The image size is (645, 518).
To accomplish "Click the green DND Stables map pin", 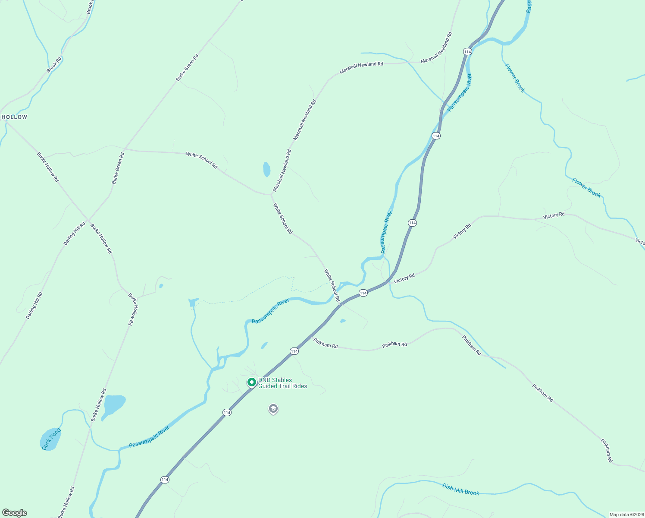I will pyautogui.click(x=251, y=382).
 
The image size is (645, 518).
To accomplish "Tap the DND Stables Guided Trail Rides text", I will pyautogui.click(x=282, y=383).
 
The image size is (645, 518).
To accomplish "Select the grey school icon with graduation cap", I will pyautogui.click(x=273, y=408).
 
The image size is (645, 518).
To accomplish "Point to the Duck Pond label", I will pyautogui.click(x=51, y=439).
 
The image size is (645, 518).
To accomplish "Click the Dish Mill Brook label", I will pyautogui.click(x=460, y=490).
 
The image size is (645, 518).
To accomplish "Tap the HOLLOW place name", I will pyautogui.click(x=14, y=117).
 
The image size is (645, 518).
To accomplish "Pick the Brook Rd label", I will pyautogui.click(x=54, y=65).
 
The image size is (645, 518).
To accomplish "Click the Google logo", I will pyautogui.click(x=15, y=513).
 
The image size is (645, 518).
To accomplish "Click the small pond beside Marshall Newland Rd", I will pyautogui.click(x=267, y=169).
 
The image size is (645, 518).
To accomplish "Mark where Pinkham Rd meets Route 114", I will pyautogui.click(x=311, y=337).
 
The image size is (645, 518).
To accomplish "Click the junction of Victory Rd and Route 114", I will pyautogui.click(x=387, y=282).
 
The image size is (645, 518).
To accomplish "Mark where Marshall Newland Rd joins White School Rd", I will pyautogui.click(x=270, y=194).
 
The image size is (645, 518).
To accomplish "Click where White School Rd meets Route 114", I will pyautogui.click(x=340, y=304).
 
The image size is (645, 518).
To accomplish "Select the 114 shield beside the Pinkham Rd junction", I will pyautogui.click(x=294, y=351).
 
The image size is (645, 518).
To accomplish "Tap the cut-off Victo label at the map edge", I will pyautogui.click(x=640, y=242).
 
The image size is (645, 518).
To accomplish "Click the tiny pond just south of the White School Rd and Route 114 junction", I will pyautogui.click(x=343, y=321).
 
